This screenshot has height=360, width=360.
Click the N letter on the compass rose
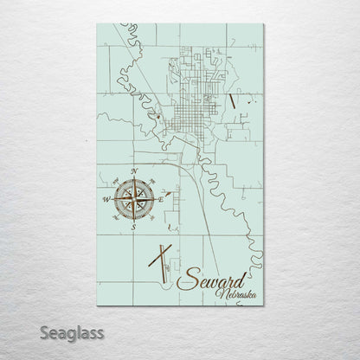pyautogui.click(x=135, y=170)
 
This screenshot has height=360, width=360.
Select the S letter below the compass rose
pyautogui.click(x=134, y=230)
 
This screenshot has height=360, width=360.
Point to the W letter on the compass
pyautogui.click(x=106, y=200)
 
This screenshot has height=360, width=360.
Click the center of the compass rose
pyautogui.click(x=134, y=200)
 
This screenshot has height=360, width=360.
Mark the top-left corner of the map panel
pyautogui.click(x=96, y=23)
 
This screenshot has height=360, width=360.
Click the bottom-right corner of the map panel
pyautogui.click(x=263, y=305)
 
